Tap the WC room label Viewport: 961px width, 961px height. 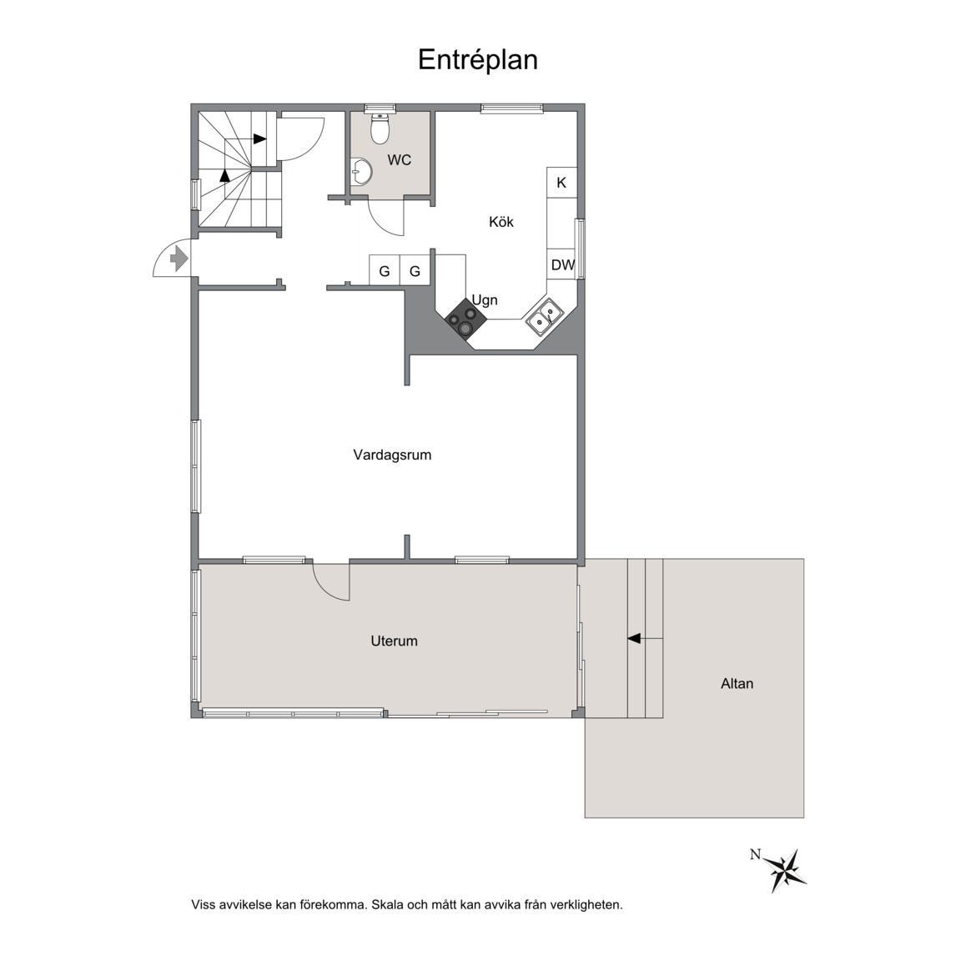point(399,160)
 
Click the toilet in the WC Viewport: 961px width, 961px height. point(380,128)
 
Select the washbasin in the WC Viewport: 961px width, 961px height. point(361,172)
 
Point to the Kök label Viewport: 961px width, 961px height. point(501,222)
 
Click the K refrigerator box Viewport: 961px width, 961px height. point(561,183)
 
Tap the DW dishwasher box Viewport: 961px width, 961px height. point(562,264)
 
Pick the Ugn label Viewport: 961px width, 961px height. point(484,300)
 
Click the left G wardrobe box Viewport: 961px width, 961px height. point(385,270)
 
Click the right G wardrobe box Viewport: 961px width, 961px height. point(415,270)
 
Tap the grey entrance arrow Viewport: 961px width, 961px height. point(179,258)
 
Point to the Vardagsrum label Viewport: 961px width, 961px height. point(392,455)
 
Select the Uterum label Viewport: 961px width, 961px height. point(394,641)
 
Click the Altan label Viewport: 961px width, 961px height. point(737,683)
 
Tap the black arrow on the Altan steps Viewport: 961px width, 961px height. point(634,639)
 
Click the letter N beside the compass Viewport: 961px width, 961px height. point(755,854)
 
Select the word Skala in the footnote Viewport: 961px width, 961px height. point(388,904)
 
